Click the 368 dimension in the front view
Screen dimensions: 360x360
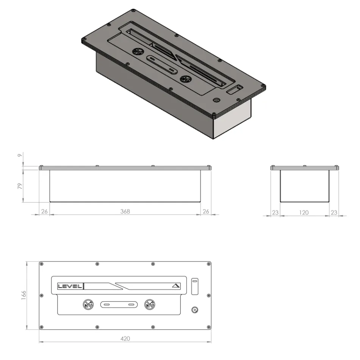coord(125,211)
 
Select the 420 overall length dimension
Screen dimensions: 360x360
coord(125,338)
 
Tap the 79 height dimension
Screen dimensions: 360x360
coord(20,186)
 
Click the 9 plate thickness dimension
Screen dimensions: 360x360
coord(20,155)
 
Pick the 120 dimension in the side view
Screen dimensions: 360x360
coord(304,213)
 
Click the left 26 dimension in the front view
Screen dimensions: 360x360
coord(44,211)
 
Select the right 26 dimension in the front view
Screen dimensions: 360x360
coord(205,211)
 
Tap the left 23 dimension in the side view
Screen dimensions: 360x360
coord(275,213)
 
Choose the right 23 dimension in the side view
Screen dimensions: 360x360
coord(333,213)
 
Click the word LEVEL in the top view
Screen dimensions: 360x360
coord(69,286)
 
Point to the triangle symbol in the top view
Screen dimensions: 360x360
coord(175,286)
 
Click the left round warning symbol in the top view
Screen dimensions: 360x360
coord(88,304)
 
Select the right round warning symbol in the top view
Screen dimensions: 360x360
coord(149,304)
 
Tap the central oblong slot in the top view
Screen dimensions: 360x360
coord(119,304)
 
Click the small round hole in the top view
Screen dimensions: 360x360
coord(195,309)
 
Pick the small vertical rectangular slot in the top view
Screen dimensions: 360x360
coord(195,286)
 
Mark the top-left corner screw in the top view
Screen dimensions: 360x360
coord(42,264)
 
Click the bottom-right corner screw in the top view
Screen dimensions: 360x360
coord(208,327)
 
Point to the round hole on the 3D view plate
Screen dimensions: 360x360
coord(217,100)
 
